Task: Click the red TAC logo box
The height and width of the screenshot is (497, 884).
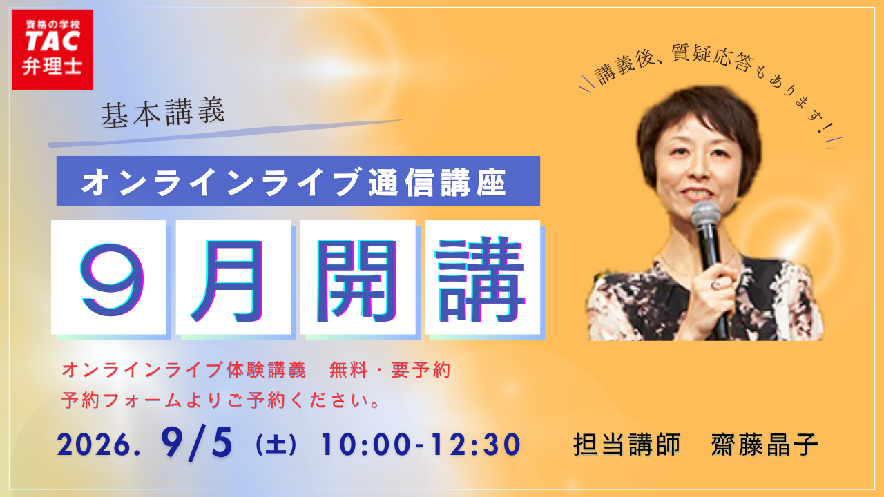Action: (52, 50)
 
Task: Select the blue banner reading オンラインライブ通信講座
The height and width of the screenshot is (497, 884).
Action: (298, 181)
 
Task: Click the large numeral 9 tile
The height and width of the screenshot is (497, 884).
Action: (108, 277)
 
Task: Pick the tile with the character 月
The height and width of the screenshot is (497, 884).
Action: (233, 277)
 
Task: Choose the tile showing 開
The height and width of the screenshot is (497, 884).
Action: (358, 277)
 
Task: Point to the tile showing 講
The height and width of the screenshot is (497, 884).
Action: (483, 277)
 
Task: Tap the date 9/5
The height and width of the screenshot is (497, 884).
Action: (197, 443)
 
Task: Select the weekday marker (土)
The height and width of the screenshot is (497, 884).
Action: (276, 445)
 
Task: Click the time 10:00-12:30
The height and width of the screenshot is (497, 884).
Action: (421, 445)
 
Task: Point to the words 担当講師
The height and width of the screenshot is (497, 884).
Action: (627, 445)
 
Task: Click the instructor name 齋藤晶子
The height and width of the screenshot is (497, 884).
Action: (765, 445)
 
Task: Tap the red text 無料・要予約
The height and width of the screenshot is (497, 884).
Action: (390, 370)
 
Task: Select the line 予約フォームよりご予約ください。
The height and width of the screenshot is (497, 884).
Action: (221, 400)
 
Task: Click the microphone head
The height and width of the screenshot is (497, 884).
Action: (705, 215)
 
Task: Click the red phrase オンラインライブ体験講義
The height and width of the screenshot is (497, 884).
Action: (184, 370)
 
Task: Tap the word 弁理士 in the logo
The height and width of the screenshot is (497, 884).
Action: (52, 66)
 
